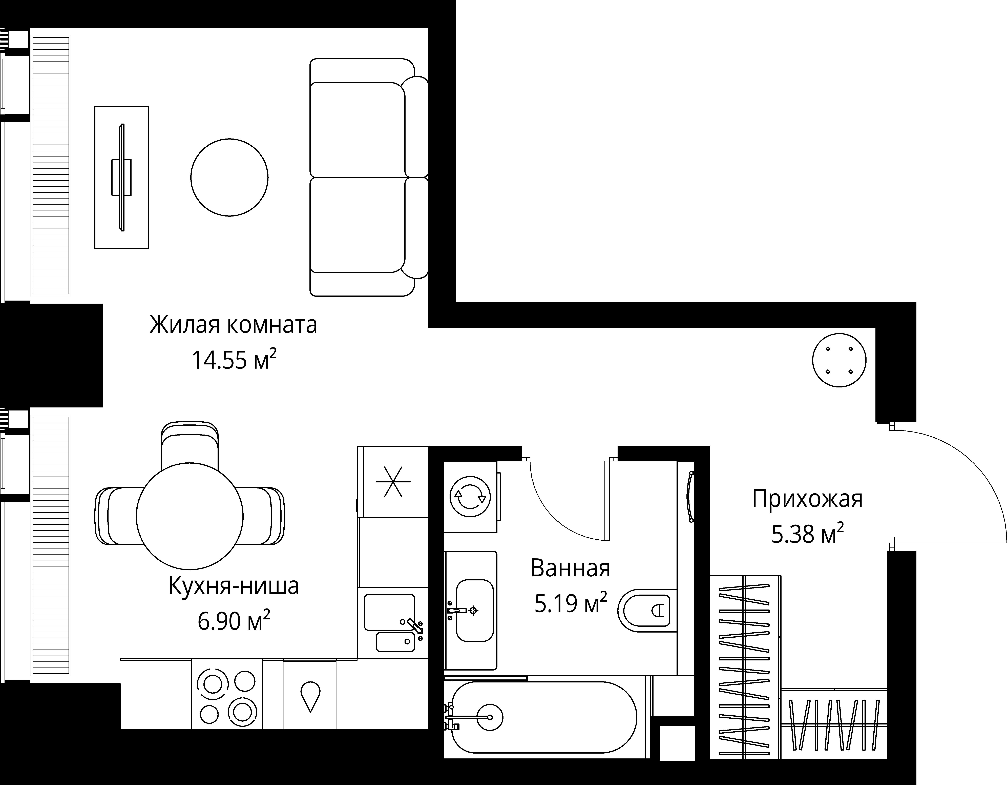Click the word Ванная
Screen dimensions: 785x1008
click(571, 568)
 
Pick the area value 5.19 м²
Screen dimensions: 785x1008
click(571, 603)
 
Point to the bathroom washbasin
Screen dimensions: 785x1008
click(474, 611)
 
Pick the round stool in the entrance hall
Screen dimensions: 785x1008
click(839, 360)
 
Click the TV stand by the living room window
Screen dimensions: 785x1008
click(121, 177)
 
